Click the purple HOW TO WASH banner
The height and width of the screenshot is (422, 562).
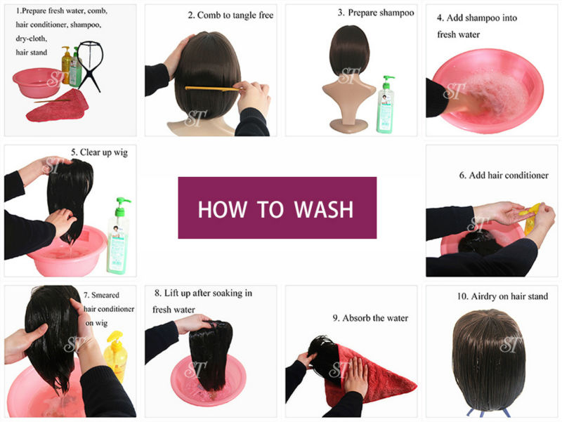[x=277, y=208]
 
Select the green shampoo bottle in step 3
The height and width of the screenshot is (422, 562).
[x=386, y=105]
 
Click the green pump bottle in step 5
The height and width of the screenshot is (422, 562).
[x=118, y=236]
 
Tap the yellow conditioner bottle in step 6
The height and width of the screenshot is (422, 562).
[x=530, y=218]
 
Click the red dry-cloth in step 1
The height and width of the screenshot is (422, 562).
[x=58, y=106]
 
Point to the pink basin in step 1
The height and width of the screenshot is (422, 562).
[x=37, y=82]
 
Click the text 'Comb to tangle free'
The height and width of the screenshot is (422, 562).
[x=235, y=15]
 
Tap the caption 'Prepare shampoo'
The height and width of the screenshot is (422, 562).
[x=381, y=13]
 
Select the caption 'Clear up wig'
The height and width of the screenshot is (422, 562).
[x=103, y=152]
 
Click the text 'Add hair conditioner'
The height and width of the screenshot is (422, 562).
[x=509, y=175]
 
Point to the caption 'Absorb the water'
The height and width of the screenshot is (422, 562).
[x=375, y=318]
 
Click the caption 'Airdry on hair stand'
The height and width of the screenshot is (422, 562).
[x=509, y=296]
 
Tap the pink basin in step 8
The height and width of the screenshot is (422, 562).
[x=208, y=380]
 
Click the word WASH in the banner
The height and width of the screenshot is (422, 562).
[x=324, y=209]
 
